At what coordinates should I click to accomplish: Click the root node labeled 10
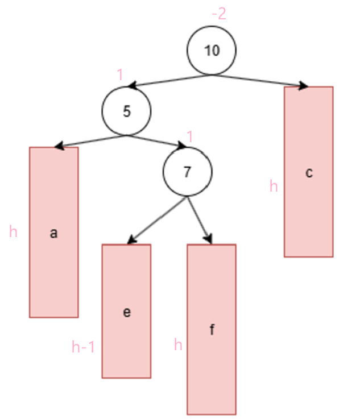[212, 51]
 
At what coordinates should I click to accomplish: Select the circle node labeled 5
[126, 111]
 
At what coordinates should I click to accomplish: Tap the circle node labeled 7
[187, 172]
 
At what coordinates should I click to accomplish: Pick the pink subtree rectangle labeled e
[126, 311]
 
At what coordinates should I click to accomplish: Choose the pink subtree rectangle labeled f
[212, 329]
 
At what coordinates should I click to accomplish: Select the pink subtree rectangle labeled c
[309, 172]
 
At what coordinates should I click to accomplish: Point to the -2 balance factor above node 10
[218, 14]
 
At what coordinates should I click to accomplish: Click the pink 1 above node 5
[120, 74]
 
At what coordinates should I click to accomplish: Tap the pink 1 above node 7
[190, 136]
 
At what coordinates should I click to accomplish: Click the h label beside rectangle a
[14, 232]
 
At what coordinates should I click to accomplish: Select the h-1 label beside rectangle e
[83, 347]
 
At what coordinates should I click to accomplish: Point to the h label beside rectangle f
[178, 345]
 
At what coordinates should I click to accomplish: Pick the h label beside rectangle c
[274, 186]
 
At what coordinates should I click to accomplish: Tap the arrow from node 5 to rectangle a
[91, 142]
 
